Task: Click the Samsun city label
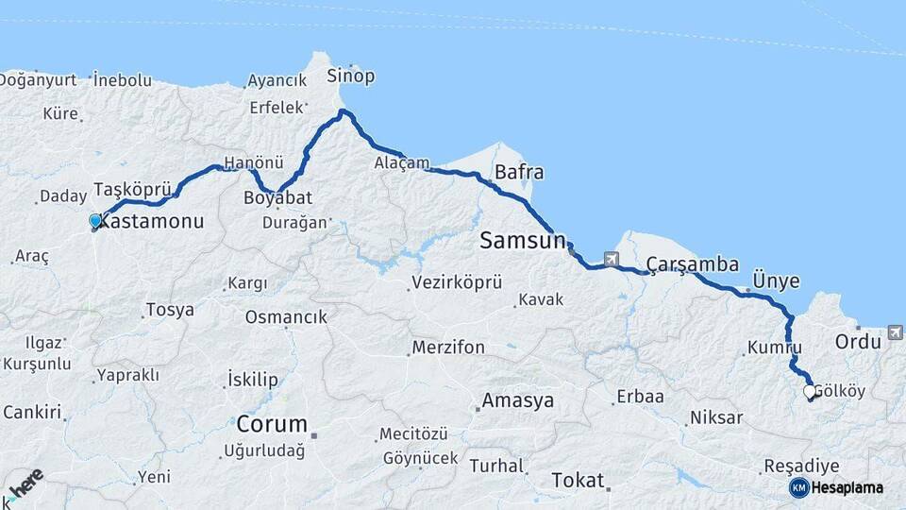pos(521,240)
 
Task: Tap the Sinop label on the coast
pos(350,76)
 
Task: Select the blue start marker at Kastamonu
pos(95,221)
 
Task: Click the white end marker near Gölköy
pos(809,391)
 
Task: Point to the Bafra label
pos(519,173)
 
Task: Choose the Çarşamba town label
pos(693,264)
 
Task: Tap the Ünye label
pos(776,280)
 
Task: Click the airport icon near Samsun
pos(612,259)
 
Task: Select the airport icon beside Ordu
pos(895,331)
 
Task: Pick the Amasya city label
pos(517,400)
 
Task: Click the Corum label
pos(272,423)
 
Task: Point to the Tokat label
pos(578,480)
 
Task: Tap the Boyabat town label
pos(277,198)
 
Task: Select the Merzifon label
pos(448,348)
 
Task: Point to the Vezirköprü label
pos(456,283)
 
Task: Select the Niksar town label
pos(717,416)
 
